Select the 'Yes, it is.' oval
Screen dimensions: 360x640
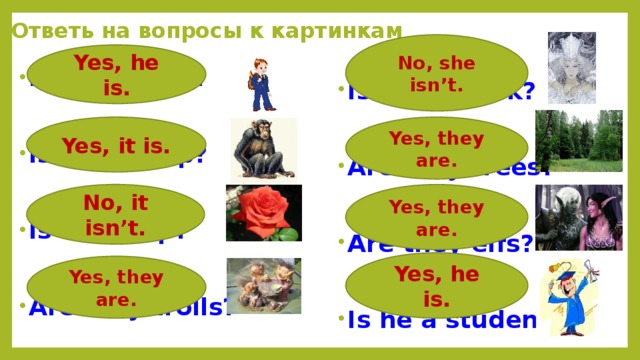(x=116, y=146)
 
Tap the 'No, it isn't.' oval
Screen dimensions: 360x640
(x=116, y=214)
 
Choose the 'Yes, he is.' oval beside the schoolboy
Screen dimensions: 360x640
(x=116, y=76)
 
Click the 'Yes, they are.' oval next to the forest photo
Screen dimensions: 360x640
(x=436, y=148)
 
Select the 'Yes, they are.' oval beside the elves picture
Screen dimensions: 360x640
(x=436, y=217)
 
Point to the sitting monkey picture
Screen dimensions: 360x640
(x=263, y=148)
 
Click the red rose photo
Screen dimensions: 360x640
(x=263, y=213)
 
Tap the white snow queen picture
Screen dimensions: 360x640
(x=571, y=67)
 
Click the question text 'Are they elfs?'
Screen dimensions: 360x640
(x=440, y=245)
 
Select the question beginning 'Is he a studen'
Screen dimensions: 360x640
(x=440, y=320)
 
